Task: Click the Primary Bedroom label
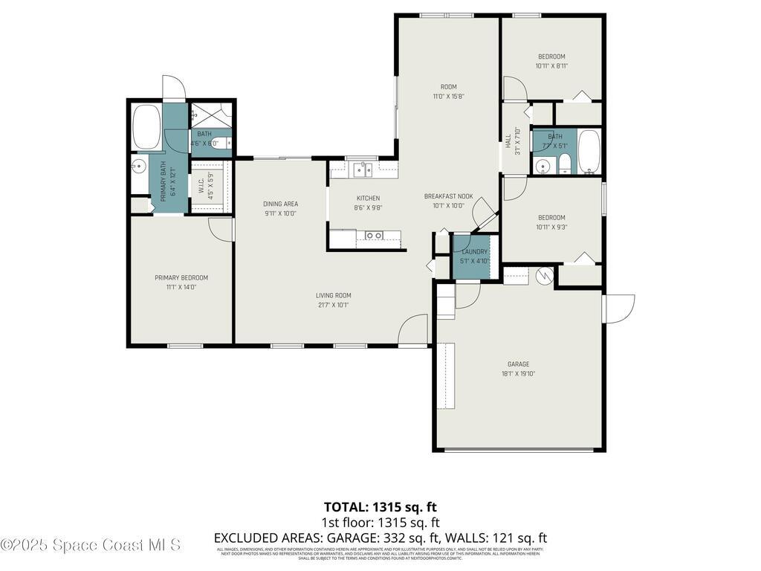coord(181,277)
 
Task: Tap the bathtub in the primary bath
coord(146,127)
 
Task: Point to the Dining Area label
coord(280,204)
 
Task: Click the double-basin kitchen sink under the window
coord(363,170)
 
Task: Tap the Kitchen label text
coord(368,198)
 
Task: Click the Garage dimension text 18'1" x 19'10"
coord(518,374)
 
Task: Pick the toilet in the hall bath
coord(565,164)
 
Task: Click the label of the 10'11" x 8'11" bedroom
coord(551,57)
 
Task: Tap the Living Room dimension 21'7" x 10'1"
coord(332,304)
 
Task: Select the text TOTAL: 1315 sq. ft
coord(380,507)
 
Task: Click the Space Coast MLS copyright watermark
coord(91,545)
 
